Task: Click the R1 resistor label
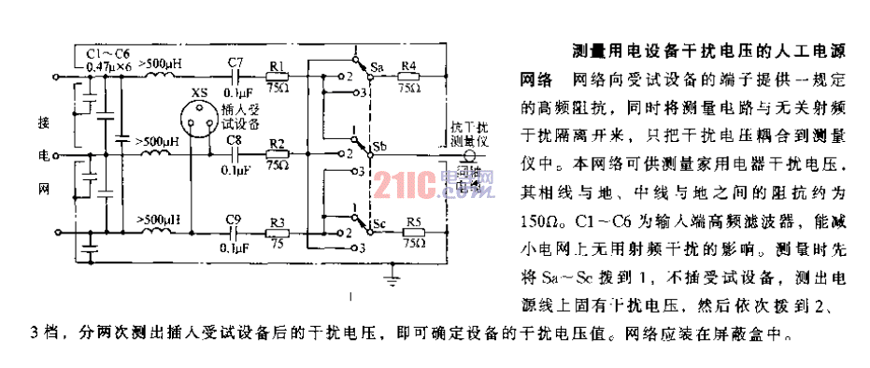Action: pyautogui.click(x=277, y=64)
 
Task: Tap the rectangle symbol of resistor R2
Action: pyautogui.click(x=277, y=152)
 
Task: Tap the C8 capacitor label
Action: pyautogui.click(x=235, y=140)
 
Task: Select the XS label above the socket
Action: pyautogui.click(x=198, y=92)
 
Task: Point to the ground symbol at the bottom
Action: pyautogui.click(x=395, y=277)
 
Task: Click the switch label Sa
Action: pyautogui.click(x=376, y=67)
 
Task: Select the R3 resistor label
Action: pyautogui.click(x=277, y=221)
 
